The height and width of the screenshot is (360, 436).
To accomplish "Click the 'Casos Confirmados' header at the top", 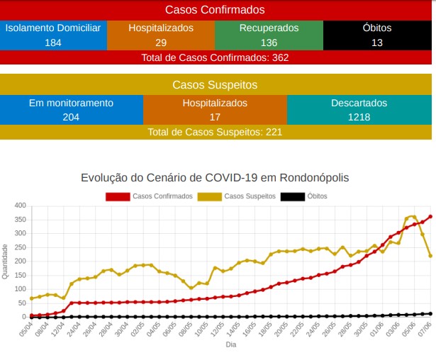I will tap(215, 10).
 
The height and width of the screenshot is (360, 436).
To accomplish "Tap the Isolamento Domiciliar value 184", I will tap(53, 43).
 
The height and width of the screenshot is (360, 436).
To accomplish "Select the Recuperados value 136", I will tap(269, 43).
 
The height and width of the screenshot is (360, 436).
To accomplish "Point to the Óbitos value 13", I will tap(376, 43).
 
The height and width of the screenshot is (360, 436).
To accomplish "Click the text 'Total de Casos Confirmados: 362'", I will tap(215, 57).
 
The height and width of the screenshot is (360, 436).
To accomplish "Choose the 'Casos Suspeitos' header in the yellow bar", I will tap(215, 85).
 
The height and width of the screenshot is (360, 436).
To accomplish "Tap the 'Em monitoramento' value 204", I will tap(71, 117).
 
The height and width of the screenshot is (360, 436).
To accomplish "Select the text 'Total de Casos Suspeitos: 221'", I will tap(215, 132).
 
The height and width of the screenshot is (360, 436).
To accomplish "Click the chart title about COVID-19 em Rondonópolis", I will tap(215, 177).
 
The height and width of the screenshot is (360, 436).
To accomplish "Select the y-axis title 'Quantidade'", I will tap(6, 261).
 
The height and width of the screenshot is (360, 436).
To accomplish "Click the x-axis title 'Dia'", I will tap(230, 345).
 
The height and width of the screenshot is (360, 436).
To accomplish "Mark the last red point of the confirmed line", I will tap(430, 217).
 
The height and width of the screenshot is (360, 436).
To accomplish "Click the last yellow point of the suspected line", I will tap(430, 256).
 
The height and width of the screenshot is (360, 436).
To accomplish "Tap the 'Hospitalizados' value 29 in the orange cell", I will tap(161, 43).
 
